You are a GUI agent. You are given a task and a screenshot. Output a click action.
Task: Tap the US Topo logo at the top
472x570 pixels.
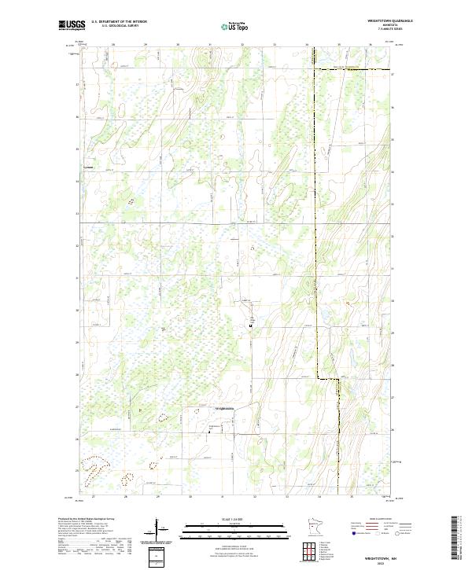(x=237, y=25)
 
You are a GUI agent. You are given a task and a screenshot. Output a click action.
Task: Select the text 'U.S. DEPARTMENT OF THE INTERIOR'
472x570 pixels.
(x=120, y=21)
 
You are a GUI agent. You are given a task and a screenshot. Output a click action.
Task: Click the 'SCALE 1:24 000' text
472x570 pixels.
(x=236, y=520)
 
